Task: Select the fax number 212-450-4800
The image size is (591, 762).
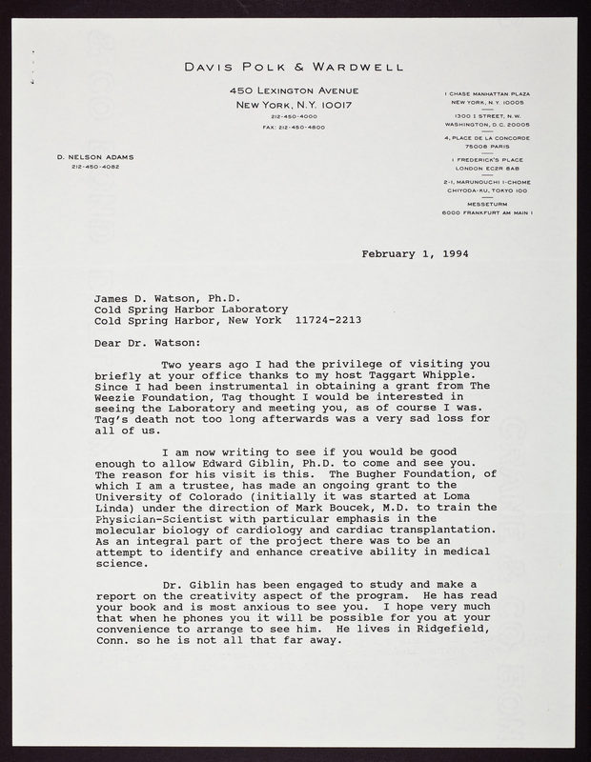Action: point(295,127)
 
